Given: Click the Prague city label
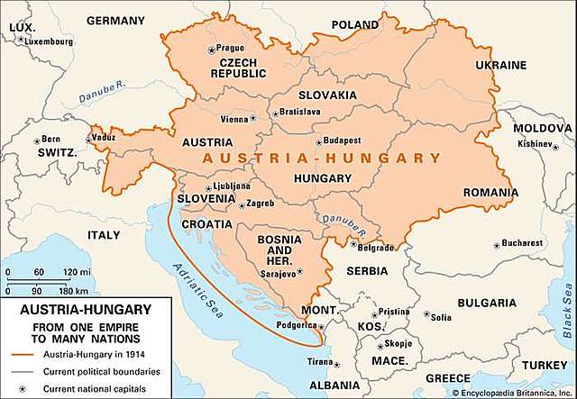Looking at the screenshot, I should click(230, 48).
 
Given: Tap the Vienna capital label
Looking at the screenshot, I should click(234, 119).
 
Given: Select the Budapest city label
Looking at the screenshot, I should click(342, 141).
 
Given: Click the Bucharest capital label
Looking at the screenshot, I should click(523, 243).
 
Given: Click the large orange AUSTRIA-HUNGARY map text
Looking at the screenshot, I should click(322, 158).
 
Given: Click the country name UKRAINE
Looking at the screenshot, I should click(499, 66).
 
